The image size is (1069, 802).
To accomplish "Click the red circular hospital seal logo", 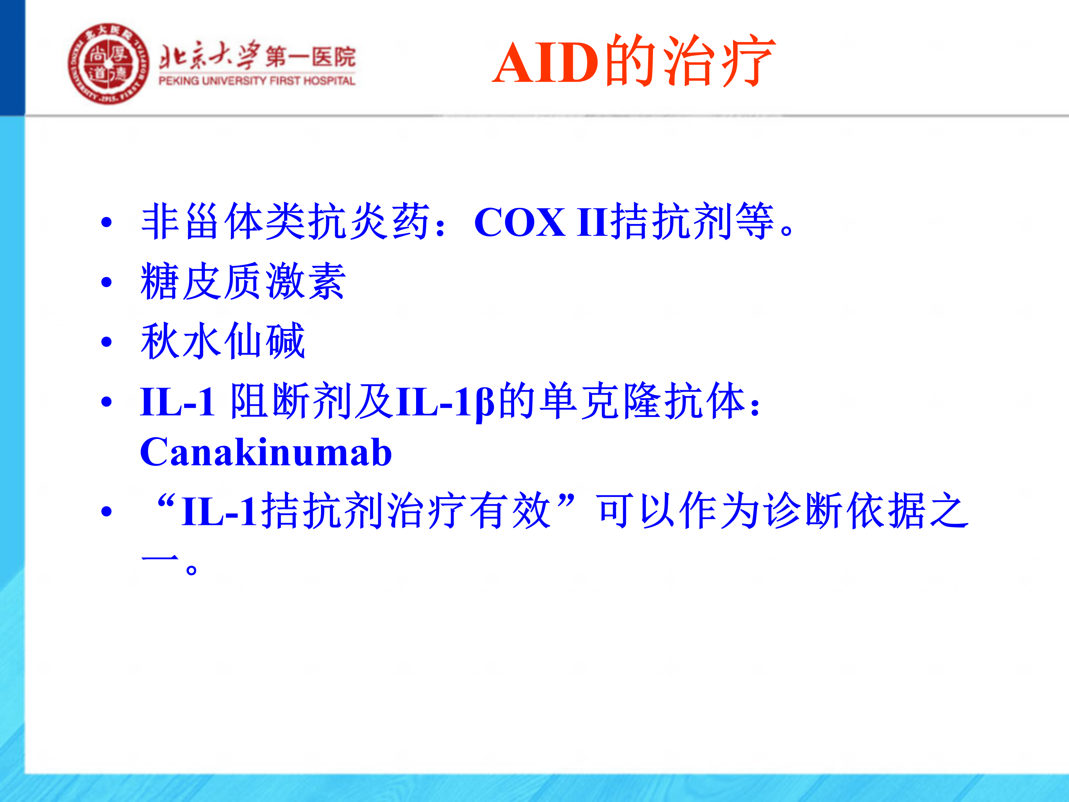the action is [109, 64].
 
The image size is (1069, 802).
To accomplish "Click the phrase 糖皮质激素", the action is [243, 281].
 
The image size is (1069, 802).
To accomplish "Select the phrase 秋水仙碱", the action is [223, 341].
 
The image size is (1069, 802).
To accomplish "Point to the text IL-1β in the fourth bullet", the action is [445, 402].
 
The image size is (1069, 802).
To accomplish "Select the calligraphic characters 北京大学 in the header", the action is [209, 56].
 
